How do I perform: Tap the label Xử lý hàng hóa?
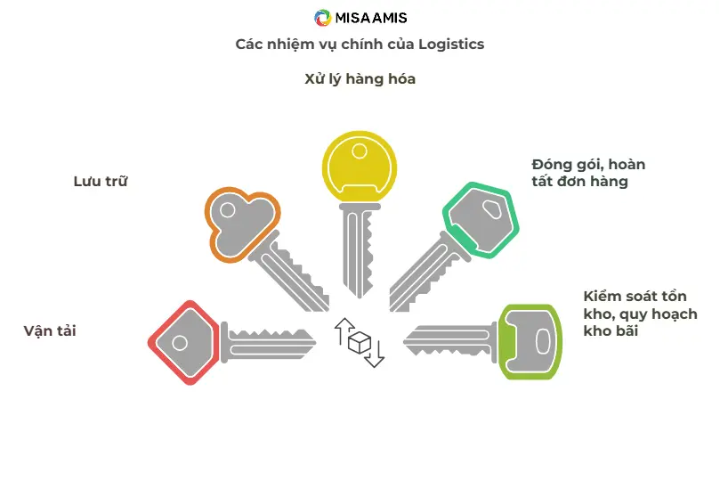pos(360,79)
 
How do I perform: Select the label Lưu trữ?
pos(101,182)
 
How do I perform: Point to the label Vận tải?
pos(51,331)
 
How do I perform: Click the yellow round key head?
pos(360,166)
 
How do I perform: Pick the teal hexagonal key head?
pos(480,218)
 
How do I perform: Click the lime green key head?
pos(531,341)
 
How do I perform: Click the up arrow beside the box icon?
pos(341,331)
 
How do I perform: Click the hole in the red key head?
pos(181,343)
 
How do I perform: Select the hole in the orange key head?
pos(228,211)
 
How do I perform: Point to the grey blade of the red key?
pos(267,343)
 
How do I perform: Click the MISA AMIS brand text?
pos(371,18)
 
